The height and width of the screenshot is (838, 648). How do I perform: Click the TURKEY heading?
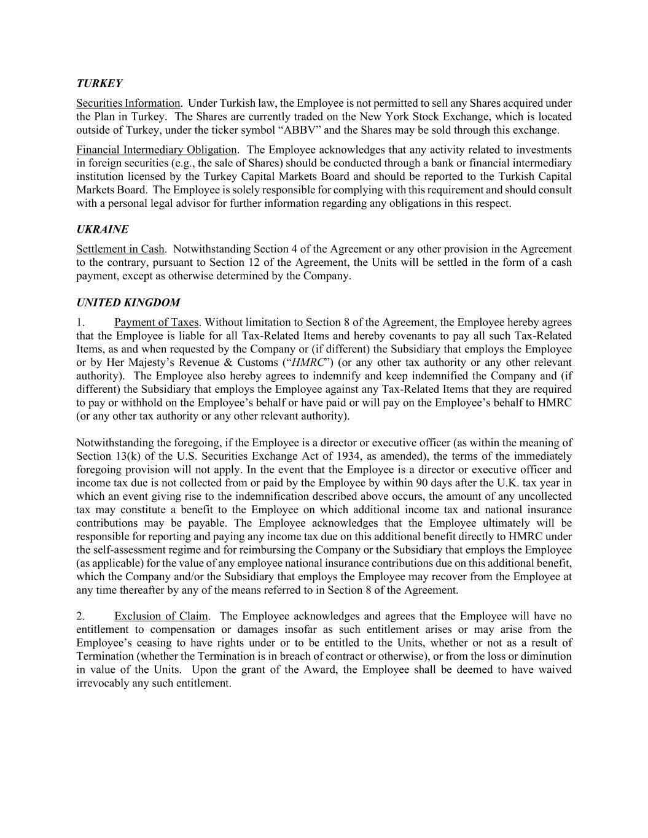point(100,83)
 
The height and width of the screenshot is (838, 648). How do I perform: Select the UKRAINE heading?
point(103,230)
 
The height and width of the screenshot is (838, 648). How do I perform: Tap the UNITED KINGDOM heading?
point(128,303)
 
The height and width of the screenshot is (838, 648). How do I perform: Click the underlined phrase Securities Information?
point(128,103)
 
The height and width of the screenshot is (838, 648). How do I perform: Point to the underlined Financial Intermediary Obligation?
point(157,150)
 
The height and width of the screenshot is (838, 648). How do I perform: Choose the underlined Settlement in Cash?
point(120,249)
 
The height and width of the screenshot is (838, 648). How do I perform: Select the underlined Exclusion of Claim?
point(161,616)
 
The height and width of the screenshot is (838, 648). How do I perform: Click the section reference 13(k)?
point(124,456)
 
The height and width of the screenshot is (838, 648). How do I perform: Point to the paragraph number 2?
point(80,616)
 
